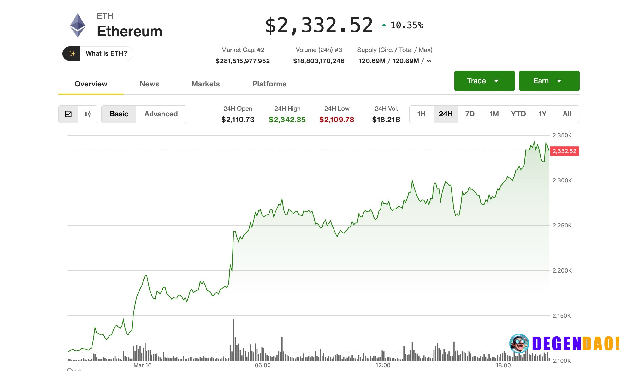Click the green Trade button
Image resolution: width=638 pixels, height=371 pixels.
(x=484, y=81)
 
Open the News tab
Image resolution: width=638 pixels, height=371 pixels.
(x=149, y=84)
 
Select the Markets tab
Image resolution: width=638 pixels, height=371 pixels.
(x=205, y=84)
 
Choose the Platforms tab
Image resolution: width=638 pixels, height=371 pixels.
(x=269, y=84)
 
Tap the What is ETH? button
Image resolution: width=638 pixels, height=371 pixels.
(x=98, y=54)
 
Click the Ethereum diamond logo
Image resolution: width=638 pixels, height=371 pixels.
(x=77, y=25)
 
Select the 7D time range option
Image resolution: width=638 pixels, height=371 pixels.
(x=470, y=114)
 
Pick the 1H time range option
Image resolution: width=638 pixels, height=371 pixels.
(x=421, y=114)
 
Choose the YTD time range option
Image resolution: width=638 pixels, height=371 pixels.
(x=518, y=114)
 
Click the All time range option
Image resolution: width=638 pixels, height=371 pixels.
(x=567, y=114)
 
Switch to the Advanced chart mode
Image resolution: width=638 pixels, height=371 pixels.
(x=161, y=114)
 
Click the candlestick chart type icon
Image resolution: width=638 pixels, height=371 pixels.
(x=87, y=114)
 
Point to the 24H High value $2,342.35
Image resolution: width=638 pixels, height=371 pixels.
(x=287, y=120)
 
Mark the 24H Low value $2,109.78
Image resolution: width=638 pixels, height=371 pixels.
(x=337, y=120)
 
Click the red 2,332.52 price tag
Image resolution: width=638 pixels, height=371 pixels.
(x=564, y=151)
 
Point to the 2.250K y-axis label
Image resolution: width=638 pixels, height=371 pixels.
(x=562, y=226)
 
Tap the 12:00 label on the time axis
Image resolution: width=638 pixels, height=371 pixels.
(x=383, y=365)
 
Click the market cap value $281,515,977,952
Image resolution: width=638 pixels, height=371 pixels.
(x=243, y=61)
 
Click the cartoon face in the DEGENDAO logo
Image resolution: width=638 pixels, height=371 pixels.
(x=519, y=343)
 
